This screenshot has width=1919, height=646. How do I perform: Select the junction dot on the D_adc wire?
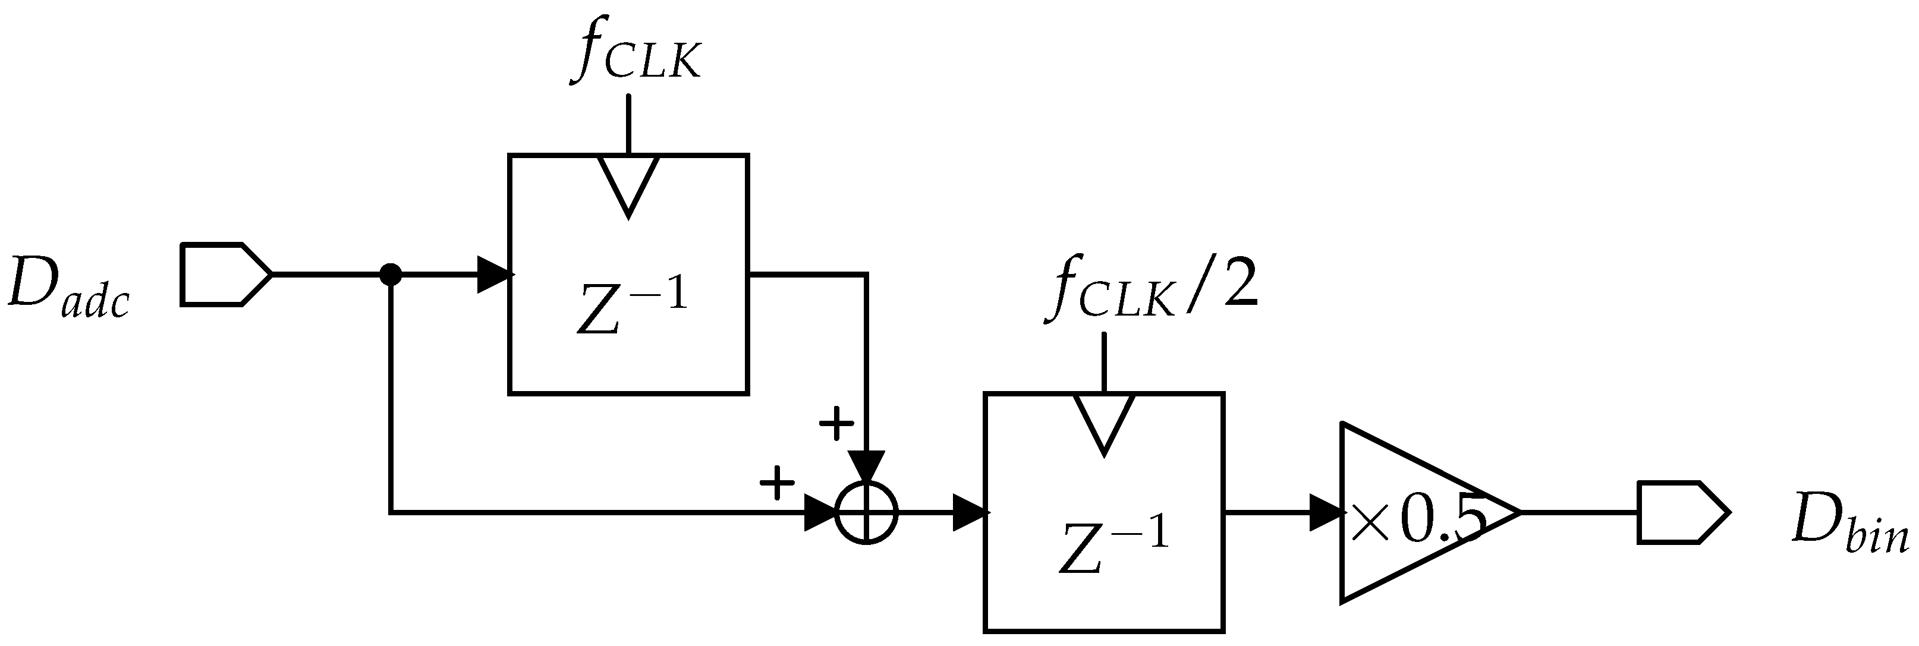tap(391, 274)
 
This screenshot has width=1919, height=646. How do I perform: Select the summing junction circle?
tap(866, 513)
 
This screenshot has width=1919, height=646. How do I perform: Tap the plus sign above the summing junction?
tap(836, 424)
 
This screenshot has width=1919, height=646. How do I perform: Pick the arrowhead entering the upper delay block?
tap(493, 274)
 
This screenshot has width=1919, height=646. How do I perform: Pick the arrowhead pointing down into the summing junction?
tap(866, 467)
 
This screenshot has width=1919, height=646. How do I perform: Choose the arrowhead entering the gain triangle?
tap(1326, 513)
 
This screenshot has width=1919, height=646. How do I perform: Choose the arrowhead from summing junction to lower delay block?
tap(970, 513)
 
